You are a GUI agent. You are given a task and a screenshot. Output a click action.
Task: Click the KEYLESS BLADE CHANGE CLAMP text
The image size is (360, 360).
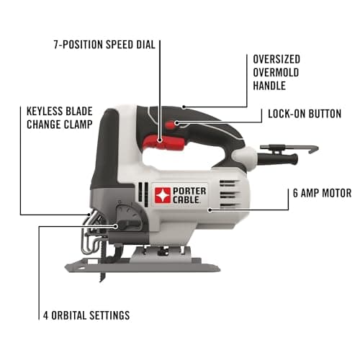53,119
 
